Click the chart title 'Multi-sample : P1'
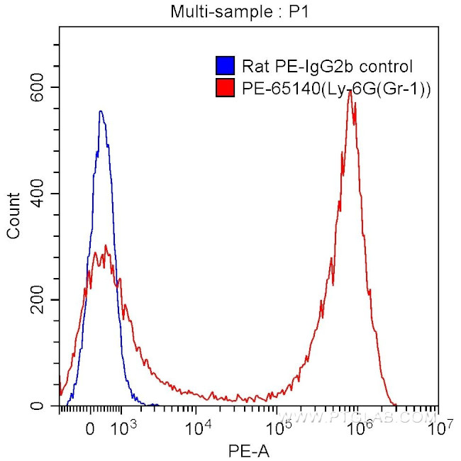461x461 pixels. (x=231, y=11)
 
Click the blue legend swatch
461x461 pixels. (x=225, y=67)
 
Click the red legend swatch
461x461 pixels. (x=225, y=88)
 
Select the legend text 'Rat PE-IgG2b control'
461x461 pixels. (x=327, y=67)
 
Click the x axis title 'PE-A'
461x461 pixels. (x=248, y=450)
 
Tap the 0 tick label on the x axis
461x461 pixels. (x=90, y=428)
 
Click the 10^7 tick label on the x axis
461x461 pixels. (x=439, y=427)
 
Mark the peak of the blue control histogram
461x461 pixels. (x=101, y=111)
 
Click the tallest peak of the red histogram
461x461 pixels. (x=350, y=91)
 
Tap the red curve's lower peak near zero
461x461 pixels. (x=106, y=246)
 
